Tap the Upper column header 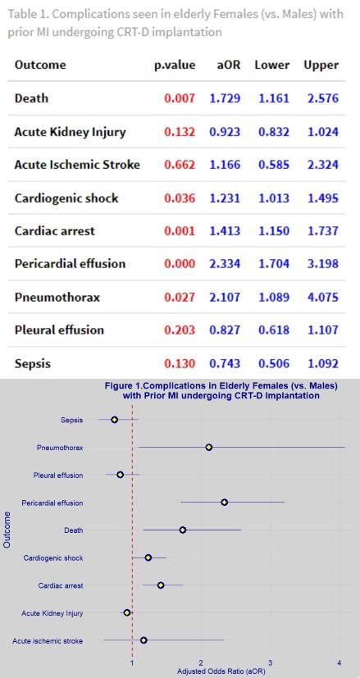tap(321, 65)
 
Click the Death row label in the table tap(31, 98)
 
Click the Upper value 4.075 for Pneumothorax tap(321, 297)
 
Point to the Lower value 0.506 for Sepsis tap(273, 363)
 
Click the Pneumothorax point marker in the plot tap(208, 447)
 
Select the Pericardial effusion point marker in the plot tap(224, 502)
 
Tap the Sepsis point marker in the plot tap(114, 419)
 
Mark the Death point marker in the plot tap(182, 530)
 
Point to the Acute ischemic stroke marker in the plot tap(144, 640)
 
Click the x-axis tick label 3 tap(270, 662)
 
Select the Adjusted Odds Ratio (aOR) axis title tap(221, 671)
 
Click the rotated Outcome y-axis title tap(7, 530)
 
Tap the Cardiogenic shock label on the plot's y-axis tap(53, 557)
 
